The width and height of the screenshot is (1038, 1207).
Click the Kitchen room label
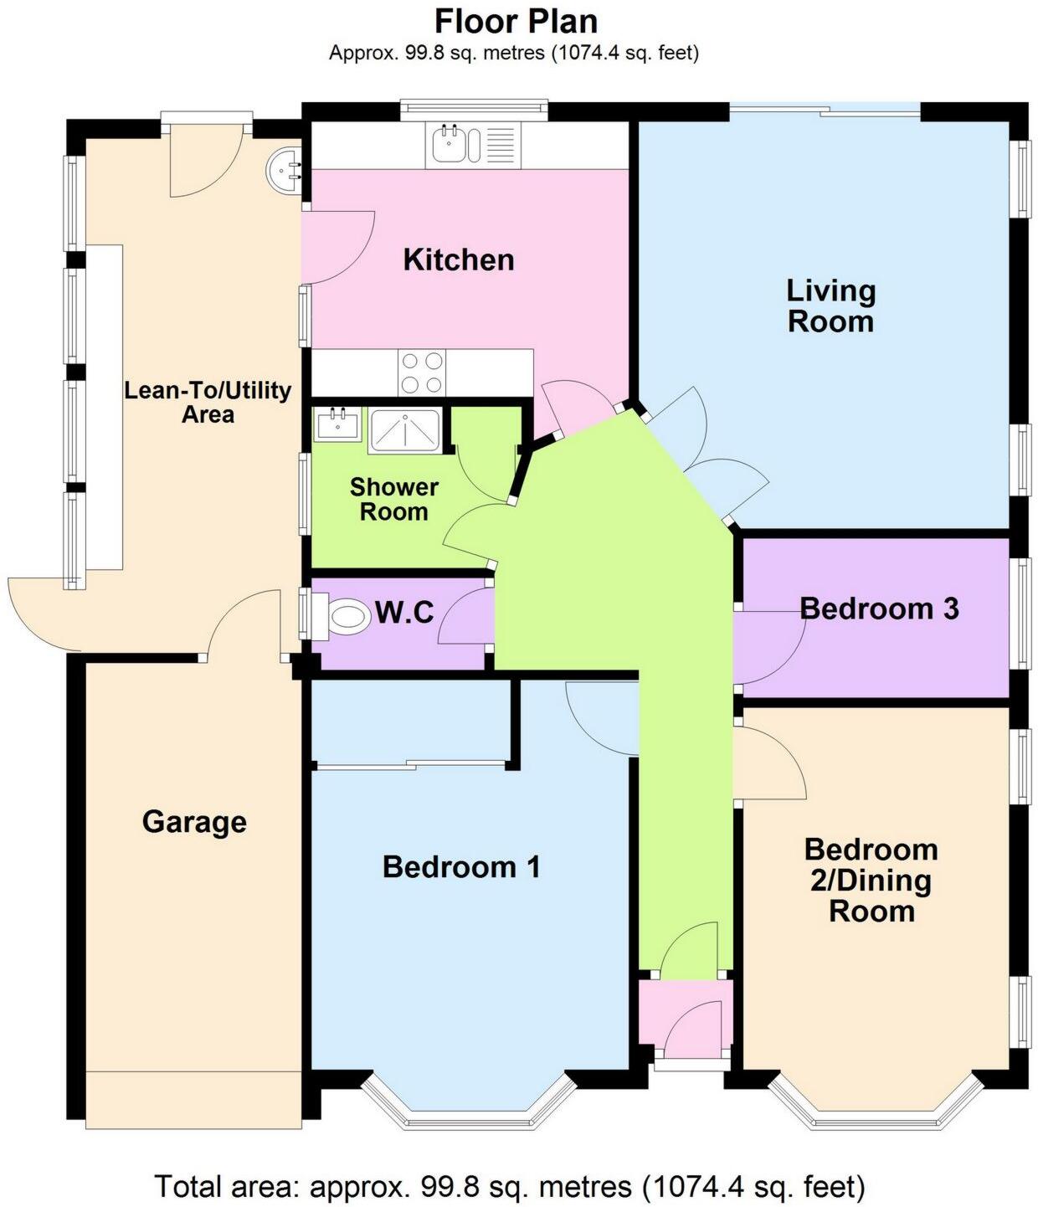tap(458, 259)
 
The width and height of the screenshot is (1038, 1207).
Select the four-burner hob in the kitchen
tap(421, 372)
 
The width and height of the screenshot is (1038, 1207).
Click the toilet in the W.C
tap(346, 619)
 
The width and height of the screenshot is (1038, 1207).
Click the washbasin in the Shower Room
tap(338, 424)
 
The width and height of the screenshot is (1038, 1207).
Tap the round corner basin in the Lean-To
tap(285, 171)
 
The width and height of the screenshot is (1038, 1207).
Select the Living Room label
tap(830, 306)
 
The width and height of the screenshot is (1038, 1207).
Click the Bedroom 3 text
tap(878, 609)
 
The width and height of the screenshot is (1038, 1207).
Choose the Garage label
tap(194, 821)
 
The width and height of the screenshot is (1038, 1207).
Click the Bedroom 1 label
tap(461, 866)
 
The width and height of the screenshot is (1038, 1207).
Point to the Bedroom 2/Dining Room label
tap(871, 880)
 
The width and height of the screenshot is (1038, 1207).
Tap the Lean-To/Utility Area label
tap(208, 402)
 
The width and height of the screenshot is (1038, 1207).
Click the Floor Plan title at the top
tap(516, 20)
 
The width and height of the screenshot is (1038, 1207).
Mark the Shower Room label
tap(393, 499)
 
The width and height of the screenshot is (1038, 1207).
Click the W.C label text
tap(403, 613)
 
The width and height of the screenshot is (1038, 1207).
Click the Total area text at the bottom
tap(509, 1185)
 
